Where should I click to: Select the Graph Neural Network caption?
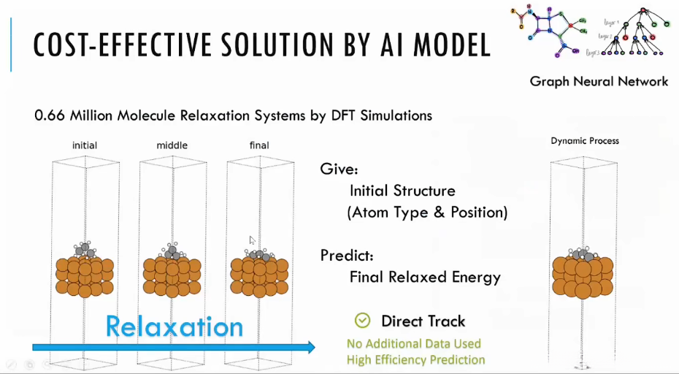[x=599, y=81]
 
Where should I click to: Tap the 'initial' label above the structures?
[x=85, y=145]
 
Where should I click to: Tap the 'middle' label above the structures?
[x=172, y=145]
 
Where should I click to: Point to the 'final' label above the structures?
[x=259, y=145]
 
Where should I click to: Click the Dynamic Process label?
[x=585, y=140]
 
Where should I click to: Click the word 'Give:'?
[x=339, y=169]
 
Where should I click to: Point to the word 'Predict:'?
[x=347, y=256]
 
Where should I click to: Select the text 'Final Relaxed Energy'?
[x=425, y=278]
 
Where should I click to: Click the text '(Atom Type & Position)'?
[x=427, y=213]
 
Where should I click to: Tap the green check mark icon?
[x=362, y=321]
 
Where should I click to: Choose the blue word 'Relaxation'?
[x=174, y=327]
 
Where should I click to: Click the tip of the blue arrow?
[x=314, y=347]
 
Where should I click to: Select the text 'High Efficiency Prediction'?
[x=415, y=359]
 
